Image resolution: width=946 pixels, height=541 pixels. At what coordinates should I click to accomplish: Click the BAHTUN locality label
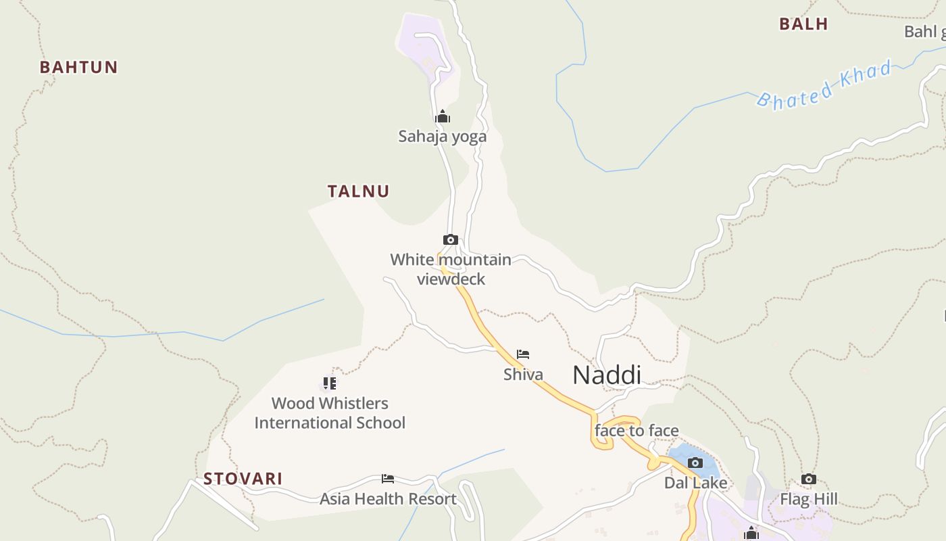pos(78,67)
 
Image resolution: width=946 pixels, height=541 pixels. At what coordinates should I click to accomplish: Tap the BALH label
pos(803,24)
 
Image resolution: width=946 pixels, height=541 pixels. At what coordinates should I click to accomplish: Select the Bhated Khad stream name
pos(824,85)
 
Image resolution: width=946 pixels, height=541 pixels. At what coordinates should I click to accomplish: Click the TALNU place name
pos(359,191)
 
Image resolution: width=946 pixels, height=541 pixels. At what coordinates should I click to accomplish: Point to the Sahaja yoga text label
pos(442,137)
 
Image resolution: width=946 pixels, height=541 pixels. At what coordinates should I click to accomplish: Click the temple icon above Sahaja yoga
pos(443,117)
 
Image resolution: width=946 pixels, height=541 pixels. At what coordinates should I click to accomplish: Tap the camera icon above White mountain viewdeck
pos(451,239)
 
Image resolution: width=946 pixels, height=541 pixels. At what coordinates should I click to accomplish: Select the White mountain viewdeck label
pos(451,269)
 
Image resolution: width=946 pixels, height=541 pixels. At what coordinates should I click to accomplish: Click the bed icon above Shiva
pos(523,354)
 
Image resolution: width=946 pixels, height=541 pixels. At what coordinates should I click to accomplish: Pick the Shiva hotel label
pos(523,374)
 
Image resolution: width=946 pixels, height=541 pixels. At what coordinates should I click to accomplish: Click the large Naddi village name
pos(607,375)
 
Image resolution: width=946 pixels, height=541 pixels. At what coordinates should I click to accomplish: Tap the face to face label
pos(637,431)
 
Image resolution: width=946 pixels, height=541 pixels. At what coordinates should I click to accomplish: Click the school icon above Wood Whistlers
pos(330,383)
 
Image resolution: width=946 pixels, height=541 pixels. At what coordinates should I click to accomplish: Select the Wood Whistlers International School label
pos(330,413)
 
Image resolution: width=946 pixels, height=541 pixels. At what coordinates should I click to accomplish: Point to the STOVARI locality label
pos(243,479)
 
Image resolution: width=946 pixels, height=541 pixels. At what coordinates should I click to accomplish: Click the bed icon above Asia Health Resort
pos(388,479)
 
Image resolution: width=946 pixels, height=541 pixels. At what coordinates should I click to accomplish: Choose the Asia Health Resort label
pos(388,499)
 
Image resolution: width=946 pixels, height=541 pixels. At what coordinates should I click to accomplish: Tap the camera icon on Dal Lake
pos(695,463)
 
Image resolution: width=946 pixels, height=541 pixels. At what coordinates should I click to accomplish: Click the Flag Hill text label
pos(809,500)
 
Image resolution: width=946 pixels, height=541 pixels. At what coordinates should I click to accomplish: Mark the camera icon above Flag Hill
pos(809,479)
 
